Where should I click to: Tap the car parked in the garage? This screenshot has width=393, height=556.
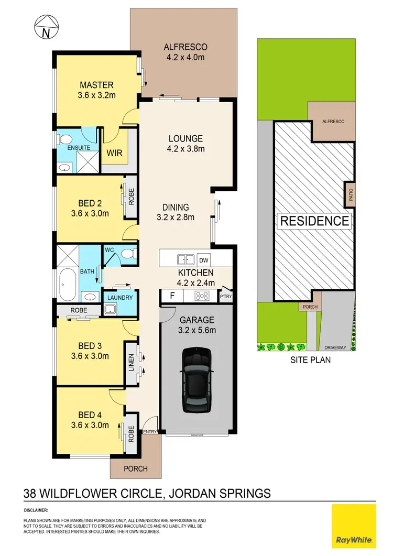(197, 381)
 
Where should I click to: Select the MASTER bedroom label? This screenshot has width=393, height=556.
(96, 85)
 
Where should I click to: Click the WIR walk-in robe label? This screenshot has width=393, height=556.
(114, 154)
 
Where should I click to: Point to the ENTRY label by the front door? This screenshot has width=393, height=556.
(149, 431)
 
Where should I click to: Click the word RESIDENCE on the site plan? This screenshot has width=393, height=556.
(314, 221)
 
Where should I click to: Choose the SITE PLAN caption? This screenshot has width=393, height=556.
(311, 360)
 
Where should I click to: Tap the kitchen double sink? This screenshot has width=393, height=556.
(184, 259)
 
